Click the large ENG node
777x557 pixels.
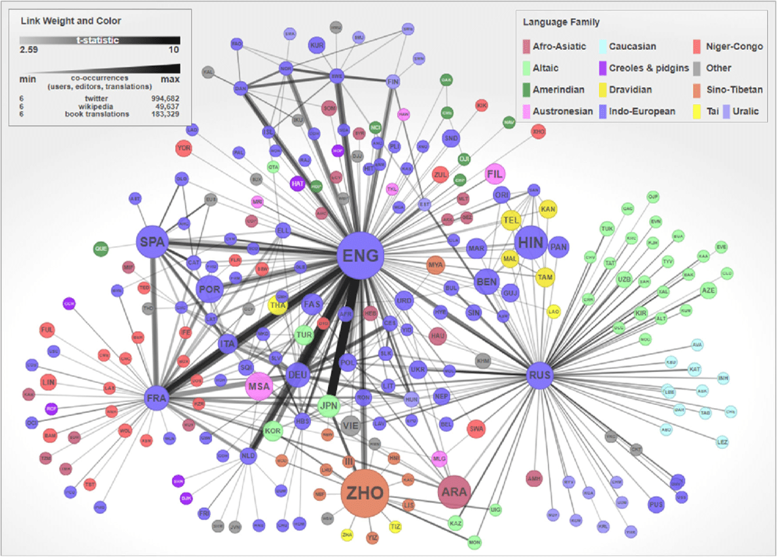point(359,256)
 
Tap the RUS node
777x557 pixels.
point(539,375)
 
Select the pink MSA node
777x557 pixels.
point(259,386)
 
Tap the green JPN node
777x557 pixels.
point(329,406)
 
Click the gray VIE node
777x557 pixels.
point(351,425)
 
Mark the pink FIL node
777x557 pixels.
point(496,175)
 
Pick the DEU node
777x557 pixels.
point(299,375)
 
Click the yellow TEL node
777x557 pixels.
point(510,221)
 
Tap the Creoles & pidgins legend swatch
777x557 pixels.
point(602,68)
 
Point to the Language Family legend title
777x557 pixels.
point(561,22)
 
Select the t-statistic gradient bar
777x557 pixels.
point(99,40)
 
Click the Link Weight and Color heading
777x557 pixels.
point(71,21)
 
